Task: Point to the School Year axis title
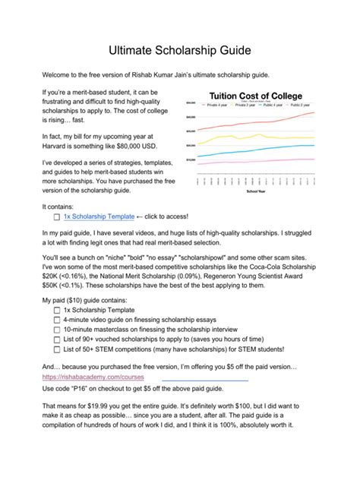tap(256, 191)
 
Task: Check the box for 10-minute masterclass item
tap(57, 330)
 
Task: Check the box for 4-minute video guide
tap(57, 320)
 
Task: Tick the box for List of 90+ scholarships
tap(57, 340)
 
